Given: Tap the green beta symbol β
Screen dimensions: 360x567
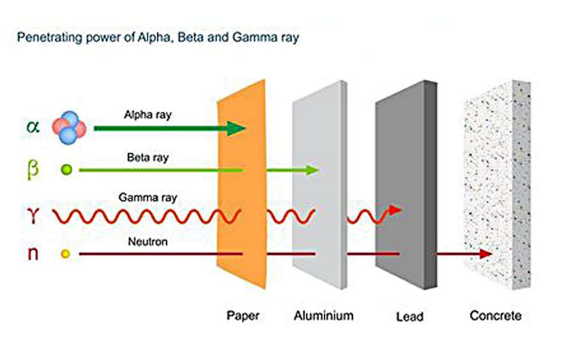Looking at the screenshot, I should (33, 169).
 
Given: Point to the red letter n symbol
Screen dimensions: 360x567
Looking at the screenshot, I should (33, 253).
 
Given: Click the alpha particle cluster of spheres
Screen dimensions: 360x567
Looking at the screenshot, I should (70, 127).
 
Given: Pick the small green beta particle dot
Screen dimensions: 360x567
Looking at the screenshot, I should (66, 170).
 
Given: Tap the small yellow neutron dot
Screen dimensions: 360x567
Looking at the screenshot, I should (65, 254).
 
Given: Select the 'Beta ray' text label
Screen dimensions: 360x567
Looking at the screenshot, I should (144, 158).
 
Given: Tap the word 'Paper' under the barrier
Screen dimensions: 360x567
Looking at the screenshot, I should (243, 316).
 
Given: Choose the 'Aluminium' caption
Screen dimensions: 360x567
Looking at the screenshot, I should (322, 316).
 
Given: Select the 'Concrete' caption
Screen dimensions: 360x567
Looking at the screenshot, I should (495, 316).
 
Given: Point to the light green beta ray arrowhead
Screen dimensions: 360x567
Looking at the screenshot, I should (313, 171).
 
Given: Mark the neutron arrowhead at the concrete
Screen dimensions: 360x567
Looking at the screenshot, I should (485, 254).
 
